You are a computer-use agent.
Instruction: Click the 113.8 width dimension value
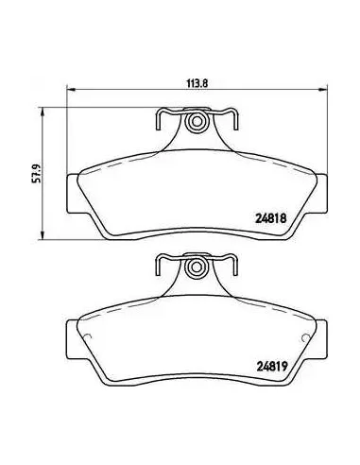197,83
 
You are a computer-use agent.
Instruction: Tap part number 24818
271,218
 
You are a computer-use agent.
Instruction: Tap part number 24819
272,367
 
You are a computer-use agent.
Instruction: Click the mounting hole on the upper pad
197,121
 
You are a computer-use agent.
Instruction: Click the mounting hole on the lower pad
197,267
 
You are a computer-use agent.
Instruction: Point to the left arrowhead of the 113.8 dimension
71,90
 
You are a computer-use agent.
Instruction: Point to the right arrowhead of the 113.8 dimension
324,90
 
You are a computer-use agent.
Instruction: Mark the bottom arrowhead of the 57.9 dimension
43,236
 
